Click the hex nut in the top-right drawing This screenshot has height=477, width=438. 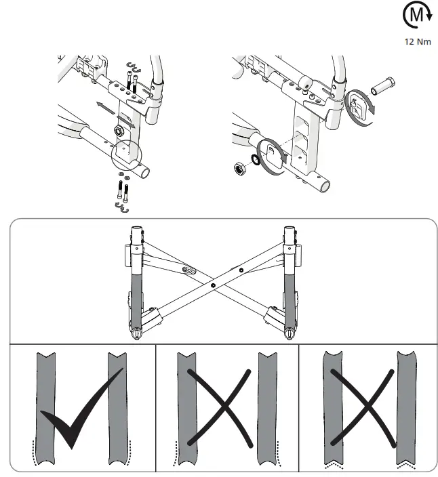[x=239, y=166]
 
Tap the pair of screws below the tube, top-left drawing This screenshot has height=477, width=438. [x=123, y=190]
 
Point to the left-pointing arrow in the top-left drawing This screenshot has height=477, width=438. [x=104, y=105]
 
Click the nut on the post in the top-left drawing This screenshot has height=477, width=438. [x=117, y=129]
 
